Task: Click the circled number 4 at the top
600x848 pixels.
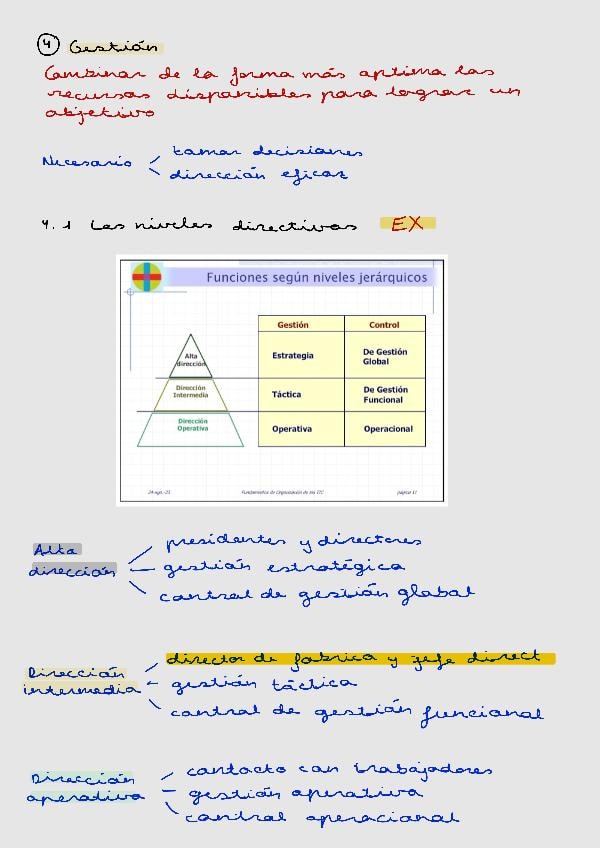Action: (x=47, y=44)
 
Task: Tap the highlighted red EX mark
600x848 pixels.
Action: (x=407, y=224)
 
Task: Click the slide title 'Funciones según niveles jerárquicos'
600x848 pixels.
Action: (x=316, y=277)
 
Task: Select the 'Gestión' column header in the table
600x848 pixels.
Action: (x=293, y=325)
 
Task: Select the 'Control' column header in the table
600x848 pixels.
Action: (x=384, y=325)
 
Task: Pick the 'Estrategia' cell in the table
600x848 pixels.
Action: (x=293, y=355)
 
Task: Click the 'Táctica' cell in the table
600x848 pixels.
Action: (x=287, y=394)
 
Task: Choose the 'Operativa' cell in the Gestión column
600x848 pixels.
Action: (x=292, y=429)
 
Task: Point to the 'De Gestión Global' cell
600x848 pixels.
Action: (x=385, y=356)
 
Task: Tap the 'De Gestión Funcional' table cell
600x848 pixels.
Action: (x=385, y=394)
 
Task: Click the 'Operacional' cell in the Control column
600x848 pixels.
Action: (x=388, y=429)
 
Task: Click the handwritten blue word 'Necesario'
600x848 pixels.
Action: (x=87, y=162)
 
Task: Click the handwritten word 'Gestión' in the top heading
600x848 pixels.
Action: (x=115, y=46)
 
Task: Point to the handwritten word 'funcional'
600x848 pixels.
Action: (x=482, y=714)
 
